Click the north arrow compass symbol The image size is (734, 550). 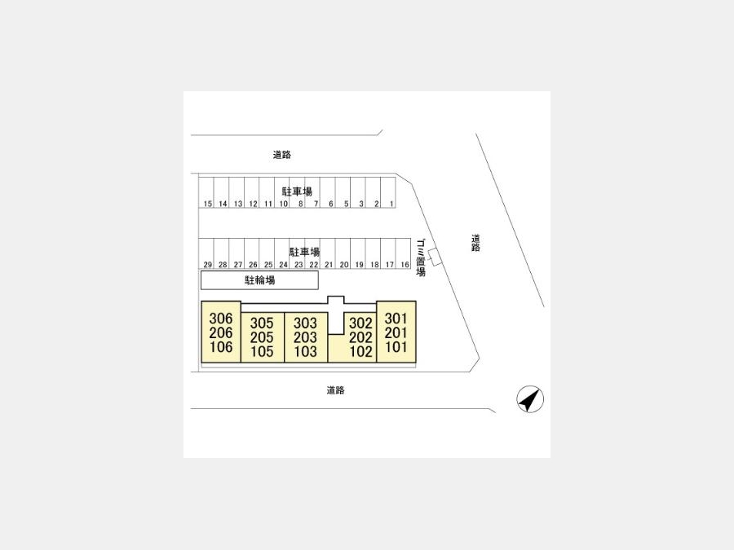pos(530,399)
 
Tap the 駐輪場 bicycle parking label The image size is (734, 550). pos(260,280)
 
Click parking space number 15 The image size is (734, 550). pos(208,204)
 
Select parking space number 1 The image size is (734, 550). pos(391,204)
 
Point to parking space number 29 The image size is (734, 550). pos(208,265)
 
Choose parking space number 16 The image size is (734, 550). pos(405,265)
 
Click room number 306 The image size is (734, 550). pos(221,319)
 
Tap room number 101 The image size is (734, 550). pos(396,347)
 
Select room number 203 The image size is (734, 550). pos(305,337)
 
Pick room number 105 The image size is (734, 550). pos(262,351)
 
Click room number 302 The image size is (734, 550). pos(361,323)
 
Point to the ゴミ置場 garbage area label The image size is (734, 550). pos(421,257)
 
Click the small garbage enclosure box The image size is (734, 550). pos(436,257)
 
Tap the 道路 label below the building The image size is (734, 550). pos(336,390)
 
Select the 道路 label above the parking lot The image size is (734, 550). pos(282,154)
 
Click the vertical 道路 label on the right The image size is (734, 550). pos(475,243)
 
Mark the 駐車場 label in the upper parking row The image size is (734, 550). pos(297,191)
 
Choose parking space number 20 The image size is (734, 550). pos(344,265)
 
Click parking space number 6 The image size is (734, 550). pos(331,204)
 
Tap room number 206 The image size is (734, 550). pos(221,332)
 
